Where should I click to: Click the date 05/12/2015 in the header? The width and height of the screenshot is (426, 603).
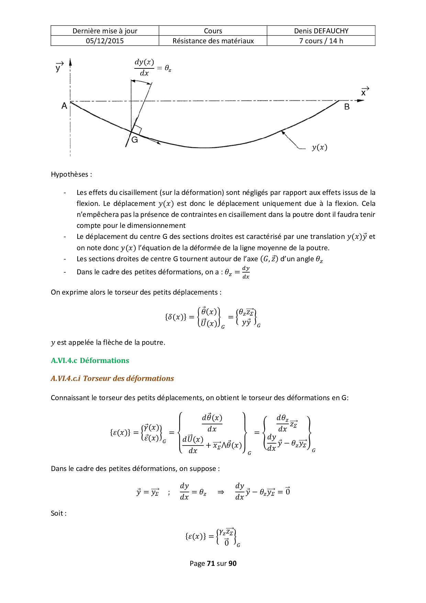pos(105,41)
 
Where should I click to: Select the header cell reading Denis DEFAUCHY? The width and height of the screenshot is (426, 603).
pos(321,31)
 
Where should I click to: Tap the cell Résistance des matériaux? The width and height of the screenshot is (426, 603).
pos(213,41)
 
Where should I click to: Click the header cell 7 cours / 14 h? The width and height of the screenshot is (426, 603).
pos(321,41)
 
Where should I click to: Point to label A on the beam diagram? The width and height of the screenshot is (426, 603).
pos(64,106)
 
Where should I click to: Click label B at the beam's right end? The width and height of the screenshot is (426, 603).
pos(347,107)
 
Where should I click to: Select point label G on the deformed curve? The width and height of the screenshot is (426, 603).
pos(135,140)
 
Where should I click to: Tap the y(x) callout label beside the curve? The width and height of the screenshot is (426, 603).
pos(319,147)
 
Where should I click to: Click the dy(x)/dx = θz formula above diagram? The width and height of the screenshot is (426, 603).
pos(152,68)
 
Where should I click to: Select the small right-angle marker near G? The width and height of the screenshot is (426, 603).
pos(137,130)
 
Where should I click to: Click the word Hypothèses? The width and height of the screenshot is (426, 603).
pos(70,174)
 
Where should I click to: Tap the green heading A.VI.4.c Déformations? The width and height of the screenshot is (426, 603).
pos(90,360)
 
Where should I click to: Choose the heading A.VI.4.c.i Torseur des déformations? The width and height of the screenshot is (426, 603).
pos(112,378)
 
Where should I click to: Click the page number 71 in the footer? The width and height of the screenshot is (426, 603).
pos(211,563)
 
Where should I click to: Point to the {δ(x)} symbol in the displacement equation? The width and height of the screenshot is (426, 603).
pos(176,317)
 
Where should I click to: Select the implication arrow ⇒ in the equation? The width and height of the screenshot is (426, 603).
pos(221,492)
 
